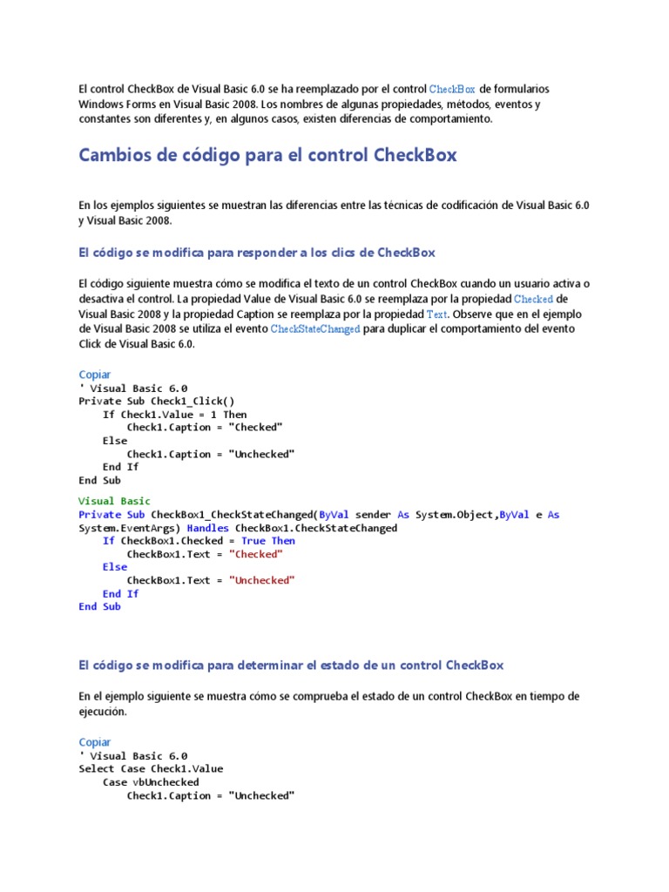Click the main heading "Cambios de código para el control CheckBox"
click(x=267, y=155)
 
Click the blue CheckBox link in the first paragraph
click(x=452, y=90)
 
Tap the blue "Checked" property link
click(x=533, y=299)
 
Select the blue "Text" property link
click(x=437, y=314)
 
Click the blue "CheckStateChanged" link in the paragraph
click(x=315, y=329)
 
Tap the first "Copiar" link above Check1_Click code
click(x=95, y=375)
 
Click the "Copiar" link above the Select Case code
click(x=95, y=742)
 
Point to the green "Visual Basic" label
click(x=114, y=501)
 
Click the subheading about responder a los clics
click(x=256, y=253)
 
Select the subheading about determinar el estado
click(x=291, y=665)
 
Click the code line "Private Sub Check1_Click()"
click(x=157, y=401)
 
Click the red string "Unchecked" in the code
click(x=262, y=580)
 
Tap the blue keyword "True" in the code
click(x=253, y=541)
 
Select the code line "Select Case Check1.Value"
click(x=151, y=768)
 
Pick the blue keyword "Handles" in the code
click(x=207, y=528)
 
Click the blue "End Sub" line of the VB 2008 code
click(x=99, y=606)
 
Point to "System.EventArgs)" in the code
click(x=129, y=528)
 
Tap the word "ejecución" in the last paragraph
click(x=102, y=712)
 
